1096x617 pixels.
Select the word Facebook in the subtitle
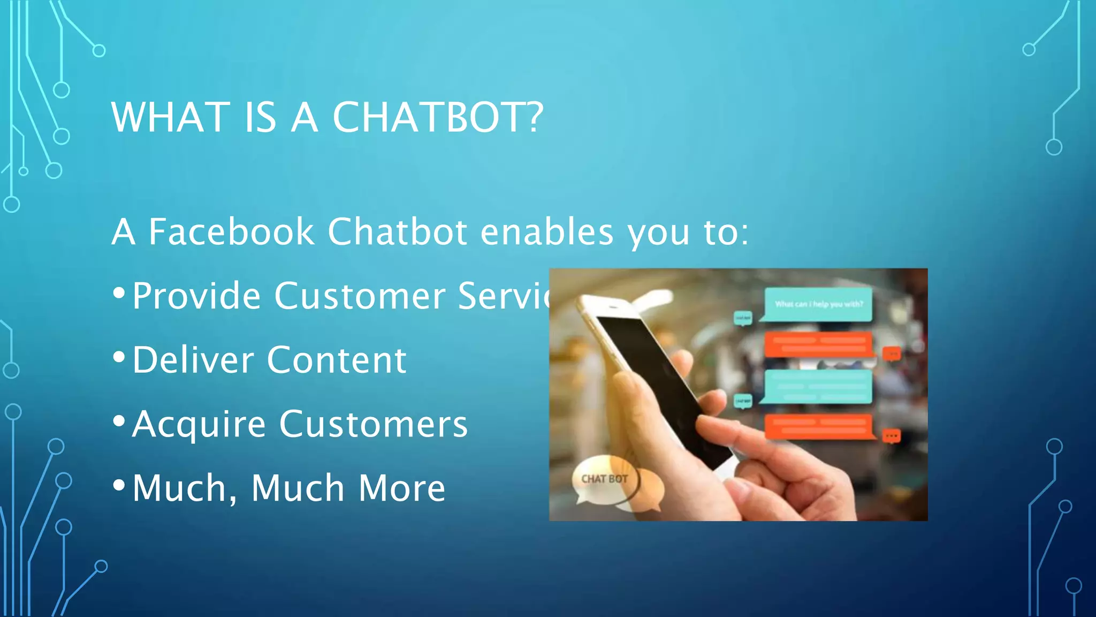click(x=231, y=232)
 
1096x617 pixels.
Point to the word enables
click(x=546, y=232)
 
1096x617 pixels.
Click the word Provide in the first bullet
click(x=196, y=296)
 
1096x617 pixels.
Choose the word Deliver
click(x=193, y=360)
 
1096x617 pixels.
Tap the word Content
click(x=337, y=360)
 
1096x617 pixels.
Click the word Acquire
click(x=199, y=425)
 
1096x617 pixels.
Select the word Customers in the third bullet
click(x=374, y=424)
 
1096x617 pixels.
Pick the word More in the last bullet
click(x=401, y=488)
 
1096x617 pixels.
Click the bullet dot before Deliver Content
click(x=119, y=357)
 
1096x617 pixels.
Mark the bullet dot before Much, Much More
click(x=119, y=485)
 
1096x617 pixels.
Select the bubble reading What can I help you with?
click(x=818, y=304)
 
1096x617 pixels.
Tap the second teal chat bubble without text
click(x=818, y=386)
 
